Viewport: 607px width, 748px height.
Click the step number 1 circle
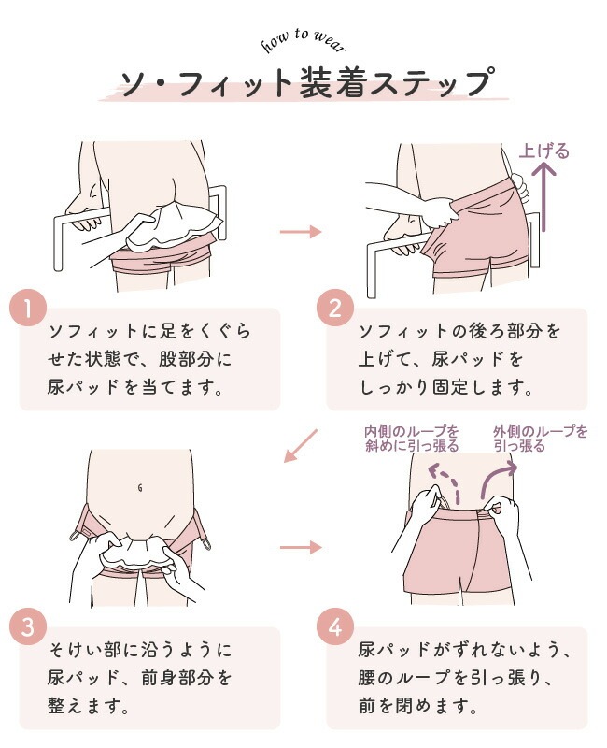pyautogui.click(x=28, y=308)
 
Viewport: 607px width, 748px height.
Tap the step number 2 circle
pyautogui.click(x=335, y=308)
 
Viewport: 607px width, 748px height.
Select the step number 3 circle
pyautogui.click(x=28, y=626)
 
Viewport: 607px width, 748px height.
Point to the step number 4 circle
pyautogui.click(x=335, y=626)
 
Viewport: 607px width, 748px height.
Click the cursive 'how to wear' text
pyautogui.click(x=303, y=40)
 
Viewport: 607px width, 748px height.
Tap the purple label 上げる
pyautogui.click(x=544, y=151)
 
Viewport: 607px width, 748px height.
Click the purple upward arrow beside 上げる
pyautogui.click(x=544, y=197)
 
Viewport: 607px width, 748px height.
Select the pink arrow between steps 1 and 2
pyautogui.click(x=301, y=232)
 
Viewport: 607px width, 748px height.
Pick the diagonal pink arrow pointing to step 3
pyautogui.click(x=300, y=446)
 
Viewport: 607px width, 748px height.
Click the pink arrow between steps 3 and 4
pyautogui.click(x=301, y=547)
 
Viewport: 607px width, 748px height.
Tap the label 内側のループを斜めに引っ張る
pyautogui.click(x=412, y=439)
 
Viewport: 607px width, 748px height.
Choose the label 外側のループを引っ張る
pyautogui.click(x=541, y=439)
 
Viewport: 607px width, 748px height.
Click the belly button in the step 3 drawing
pyautogui.click(x=139, y=488)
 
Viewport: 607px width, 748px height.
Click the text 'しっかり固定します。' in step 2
pyautogui.click(x=446, y=386)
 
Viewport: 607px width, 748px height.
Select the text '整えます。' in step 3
pyautogui.click(x=89, y=705)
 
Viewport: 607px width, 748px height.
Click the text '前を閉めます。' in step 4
pyautogui.click(x=418, y=705)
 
